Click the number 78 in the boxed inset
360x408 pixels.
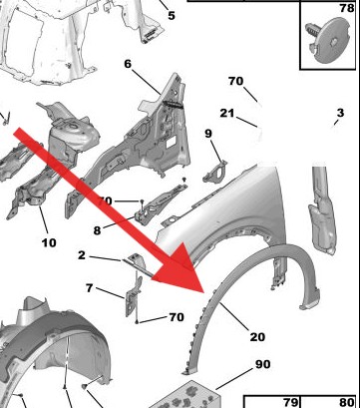pyautogui.click(x=347, y=8)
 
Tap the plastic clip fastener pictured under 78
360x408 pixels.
pyautogui.click(x=328, y=41)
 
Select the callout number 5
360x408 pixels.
pyautogui.click(x=172, y=15)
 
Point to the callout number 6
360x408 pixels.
pyautogui.click(x=128, y=64)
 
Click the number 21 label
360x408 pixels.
pyautogui.click(x=227, y=114)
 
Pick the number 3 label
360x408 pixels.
pyautogui.click(x=340, y=113)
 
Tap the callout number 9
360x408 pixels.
pyautogui.click(x=208, y=134)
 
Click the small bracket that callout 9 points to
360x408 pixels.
pyautogui.click(x=214, y=172)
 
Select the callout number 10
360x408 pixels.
pyautogui.click(x=49, y=242)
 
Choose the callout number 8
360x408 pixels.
pyautogui.click(x=97, y=230)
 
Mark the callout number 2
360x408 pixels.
pyautogui.click(x=82, y=255)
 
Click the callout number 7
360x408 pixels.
pyautogui.click(x=89, y=288)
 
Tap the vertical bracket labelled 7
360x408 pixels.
pyautogui.click(x=133, y=295)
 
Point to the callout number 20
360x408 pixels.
pyautogui.click(x=257, y=337)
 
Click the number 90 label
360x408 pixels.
pyautogui.click(x=263, y=364)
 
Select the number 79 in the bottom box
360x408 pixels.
pyautogui.click(x=291, y=402)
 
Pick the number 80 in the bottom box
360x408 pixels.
pyautogui.click(x=346, y=402)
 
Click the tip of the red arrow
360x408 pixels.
pyautogui.click(x=203, y=292)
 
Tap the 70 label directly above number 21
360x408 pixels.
pyautogui.click(x=236, y=81)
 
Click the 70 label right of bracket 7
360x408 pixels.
pyautogui.click(x=177, y=317)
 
